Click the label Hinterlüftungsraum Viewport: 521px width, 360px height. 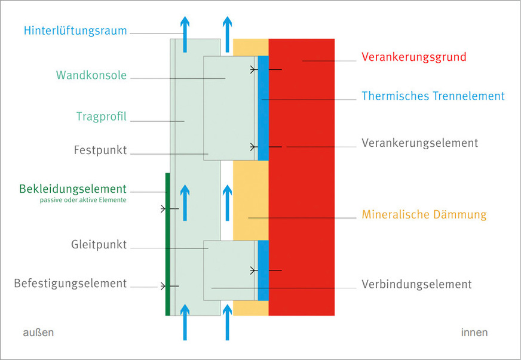76,30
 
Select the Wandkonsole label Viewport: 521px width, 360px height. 91,76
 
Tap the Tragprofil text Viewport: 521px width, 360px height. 102,116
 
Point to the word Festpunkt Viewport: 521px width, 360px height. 101,150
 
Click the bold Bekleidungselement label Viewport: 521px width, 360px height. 73,189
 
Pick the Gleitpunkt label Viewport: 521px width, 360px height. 99,245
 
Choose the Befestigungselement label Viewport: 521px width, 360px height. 71,284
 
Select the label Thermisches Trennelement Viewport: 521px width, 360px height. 433,96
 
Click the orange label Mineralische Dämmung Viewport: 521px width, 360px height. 424,215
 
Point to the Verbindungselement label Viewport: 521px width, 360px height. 416,285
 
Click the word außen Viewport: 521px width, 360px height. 38,333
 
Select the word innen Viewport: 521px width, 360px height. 474,333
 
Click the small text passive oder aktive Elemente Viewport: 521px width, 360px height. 83,201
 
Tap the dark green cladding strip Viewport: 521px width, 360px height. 167,244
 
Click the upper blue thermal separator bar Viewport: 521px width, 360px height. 263,107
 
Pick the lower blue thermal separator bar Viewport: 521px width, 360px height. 263,270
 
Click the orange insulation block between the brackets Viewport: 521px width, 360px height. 250,200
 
